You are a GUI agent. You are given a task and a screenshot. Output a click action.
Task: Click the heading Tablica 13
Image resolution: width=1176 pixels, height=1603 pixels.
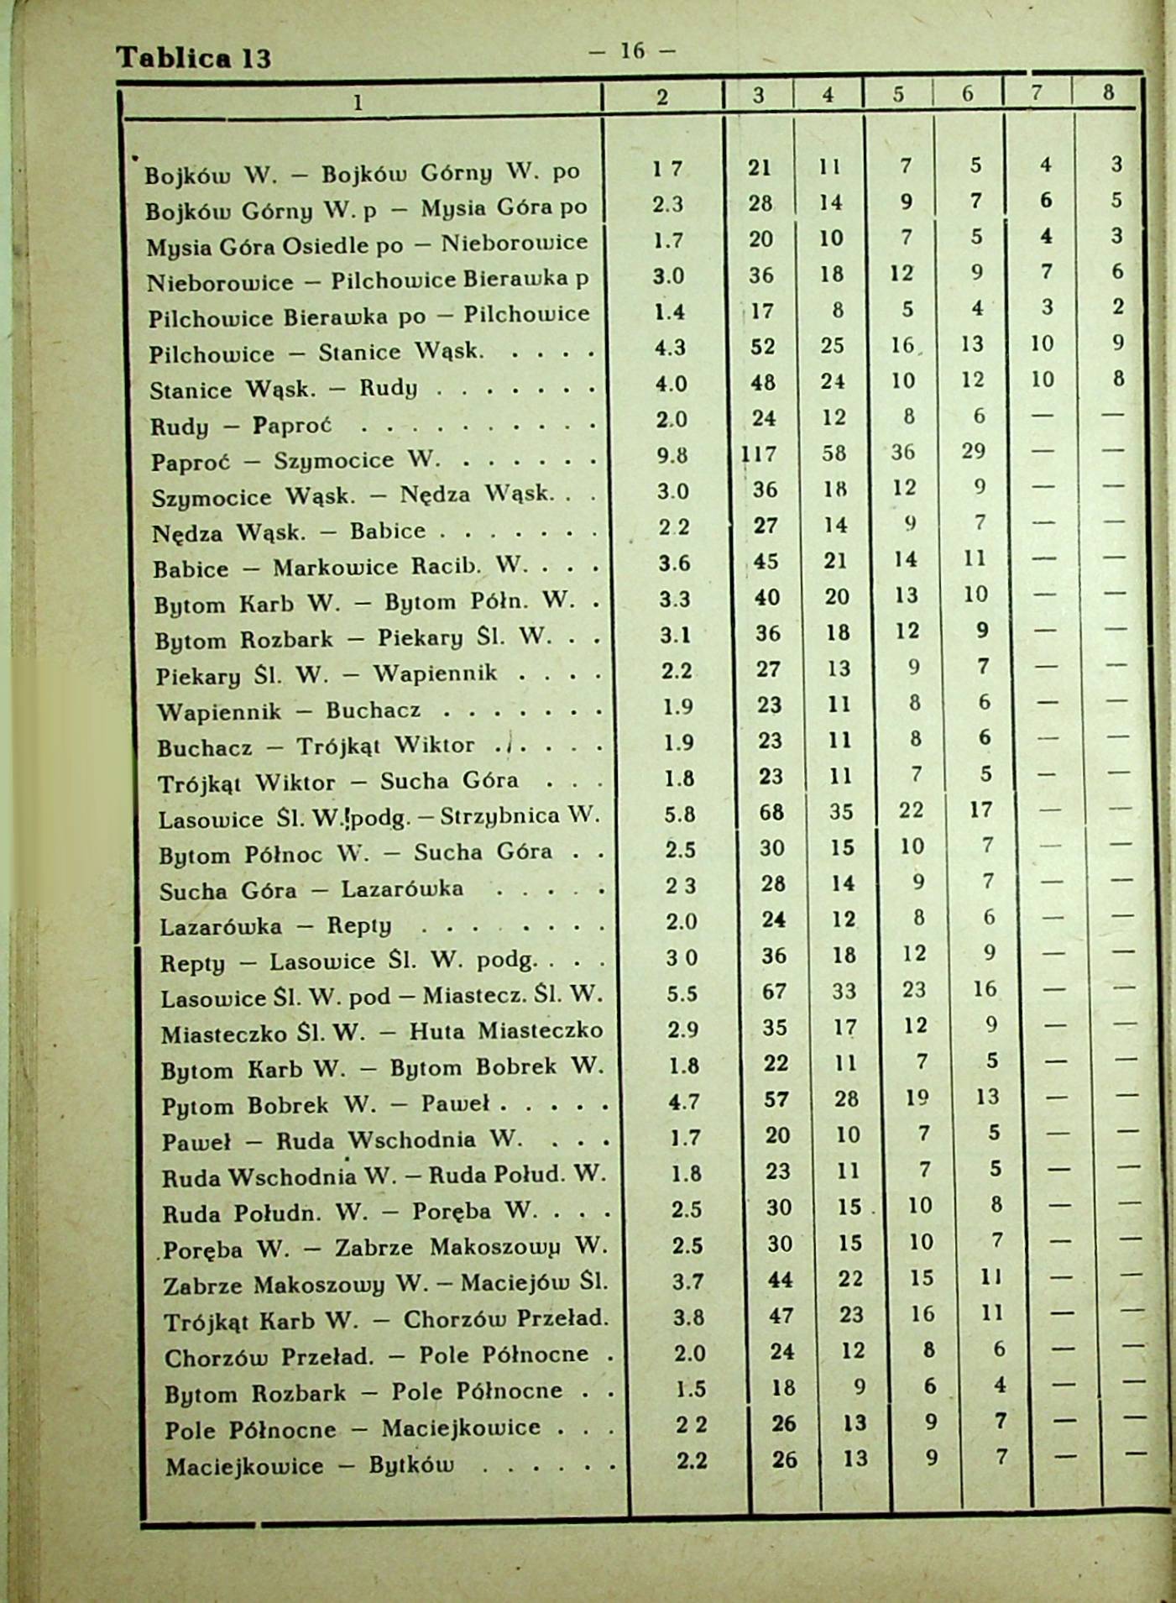194,57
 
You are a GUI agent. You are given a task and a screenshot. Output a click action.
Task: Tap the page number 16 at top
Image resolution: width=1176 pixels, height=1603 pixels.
632,51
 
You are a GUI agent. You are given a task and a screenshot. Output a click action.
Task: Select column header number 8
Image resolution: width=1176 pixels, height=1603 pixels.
1108,93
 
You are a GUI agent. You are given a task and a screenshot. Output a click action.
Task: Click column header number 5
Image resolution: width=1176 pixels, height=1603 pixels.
898,95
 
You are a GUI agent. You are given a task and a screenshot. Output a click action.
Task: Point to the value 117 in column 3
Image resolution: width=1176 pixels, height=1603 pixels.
759,453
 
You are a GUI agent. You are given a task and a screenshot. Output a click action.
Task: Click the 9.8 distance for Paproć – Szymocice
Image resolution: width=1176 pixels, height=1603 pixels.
672,455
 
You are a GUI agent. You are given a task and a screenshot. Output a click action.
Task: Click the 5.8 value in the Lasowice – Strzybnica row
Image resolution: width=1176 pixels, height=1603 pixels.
679,814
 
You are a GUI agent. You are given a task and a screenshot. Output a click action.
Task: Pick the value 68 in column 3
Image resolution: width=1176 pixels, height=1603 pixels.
771,813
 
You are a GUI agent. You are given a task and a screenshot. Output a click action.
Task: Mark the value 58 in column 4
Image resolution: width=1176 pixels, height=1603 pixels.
834,453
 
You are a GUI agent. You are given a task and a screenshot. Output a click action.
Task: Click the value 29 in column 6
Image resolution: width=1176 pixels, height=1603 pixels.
973,452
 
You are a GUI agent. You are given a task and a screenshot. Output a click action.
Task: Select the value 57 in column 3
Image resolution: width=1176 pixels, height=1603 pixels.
776,1099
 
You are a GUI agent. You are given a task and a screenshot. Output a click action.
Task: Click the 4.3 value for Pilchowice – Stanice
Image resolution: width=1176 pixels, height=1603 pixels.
670,347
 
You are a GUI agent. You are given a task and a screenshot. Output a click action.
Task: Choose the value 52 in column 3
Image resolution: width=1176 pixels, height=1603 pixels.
762,346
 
